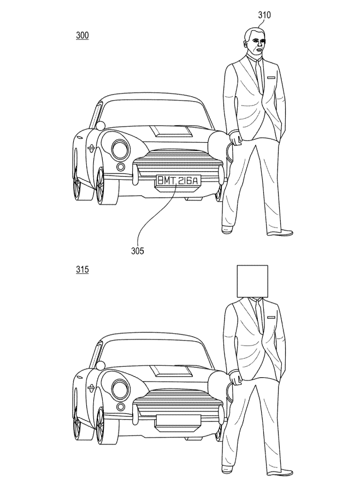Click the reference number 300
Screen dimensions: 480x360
(82, 36)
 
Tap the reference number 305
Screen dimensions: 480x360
(138, 251)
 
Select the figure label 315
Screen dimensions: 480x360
(82, 270)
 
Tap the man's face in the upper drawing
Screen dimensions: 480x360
(255, 47)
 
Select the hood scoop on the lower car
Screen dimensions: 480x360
(172, 371)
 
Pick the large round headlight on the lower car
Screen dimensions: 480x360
(120, 389)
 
